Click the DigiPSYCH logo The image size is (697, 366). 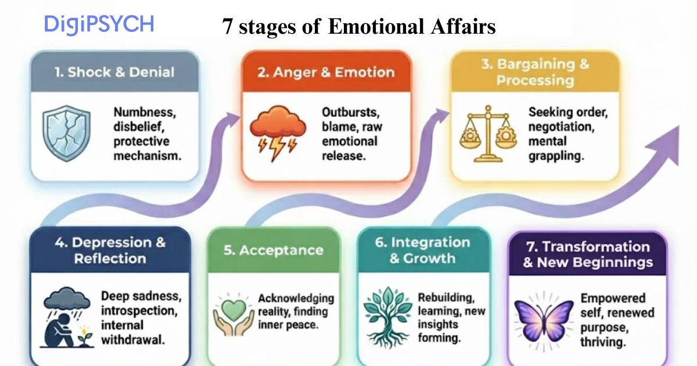[x=99, y=25]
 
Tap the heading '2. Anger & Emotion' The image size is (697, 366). [x=326, y=73]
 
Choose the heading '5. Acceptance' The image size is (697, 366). [x=273, y=250]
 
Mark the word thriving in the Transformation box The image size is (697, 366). [x=603, y=342]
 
